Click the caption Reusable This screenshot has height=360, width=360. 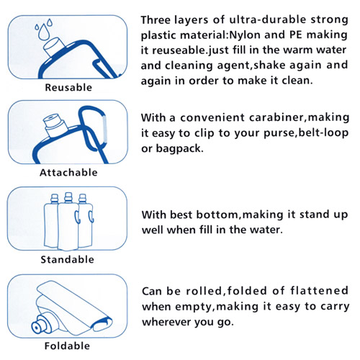pyautogui.click(x=68, y=87)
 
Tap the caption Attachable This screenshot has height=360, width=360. pyautogui.click(x=68, y=173)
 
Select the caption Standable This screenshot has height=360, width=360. pyautogui.click(x=68, y=259)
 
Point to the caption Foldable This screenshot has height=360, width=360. pyautogui.click(x=67, y=346)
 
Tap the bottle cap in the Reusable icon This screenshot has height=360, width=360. pyautogui.click(x=54, y=46)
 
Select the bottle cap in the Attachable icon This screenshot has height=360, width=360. pyautogui.click(x=55, y=125)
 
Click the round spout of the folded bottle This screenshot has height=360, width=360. pyautogui.click(x=37, y=326)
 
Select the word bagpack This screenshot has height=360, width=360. pyautogui.click(x=179, y=149)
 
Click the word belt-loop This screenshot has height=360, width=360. pyautogui.click(x=323, y=132)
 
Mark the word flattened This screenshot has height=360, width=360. pyautogui.click(x=319, y=291)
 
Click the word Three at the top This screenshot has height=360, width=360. pyautogui.click(x=156, y=19)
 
